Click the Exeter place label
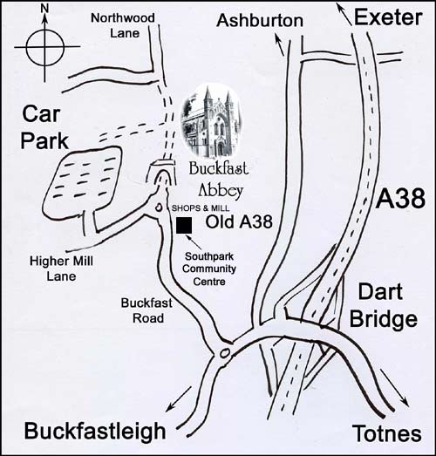[388, 17]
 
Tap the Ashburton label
[260, 21]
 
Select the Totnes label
[387, 433]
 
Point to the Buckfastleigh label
[95, 432]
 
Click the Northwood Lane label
[123, 25]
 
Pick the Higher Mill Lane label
[61, 269]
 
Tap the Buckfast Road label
[146, 310]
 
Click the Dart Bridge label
[383, 305]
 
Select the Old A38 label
[239, 221]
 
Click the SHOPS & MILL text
[201, 208]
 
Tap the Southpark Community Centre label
[209, 269]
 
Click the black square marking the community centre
[184, 225]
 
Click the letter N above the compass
[44, 9]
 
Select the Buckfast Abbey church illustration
[211, 121]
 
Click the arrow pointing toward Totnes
[394, 386]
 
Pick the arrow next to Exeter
[344, 14]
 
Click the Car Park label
[44, 127]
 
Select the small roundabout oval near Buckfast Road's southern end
[224, 353]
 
